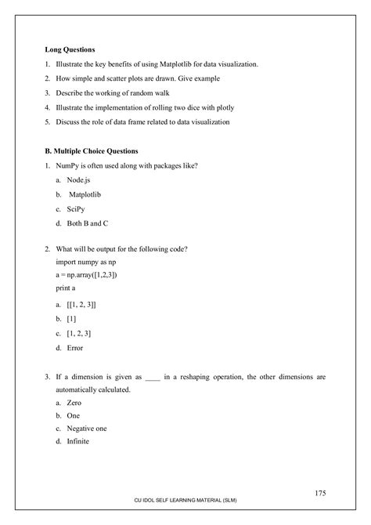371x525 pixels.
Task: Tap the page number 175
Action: point(319,493)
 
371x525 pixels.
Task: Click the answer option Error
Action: point(75,347)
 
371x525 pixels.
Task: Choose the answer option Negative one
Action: point(87,429)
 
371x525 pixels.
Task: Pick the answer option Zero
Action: point(74,402)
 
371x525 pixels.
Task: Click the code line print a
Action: point(67,288)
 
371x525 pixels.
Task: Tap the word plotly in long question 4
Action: point(223,107)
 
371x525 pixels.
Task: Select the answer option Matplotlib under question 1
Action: point(87,195)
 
